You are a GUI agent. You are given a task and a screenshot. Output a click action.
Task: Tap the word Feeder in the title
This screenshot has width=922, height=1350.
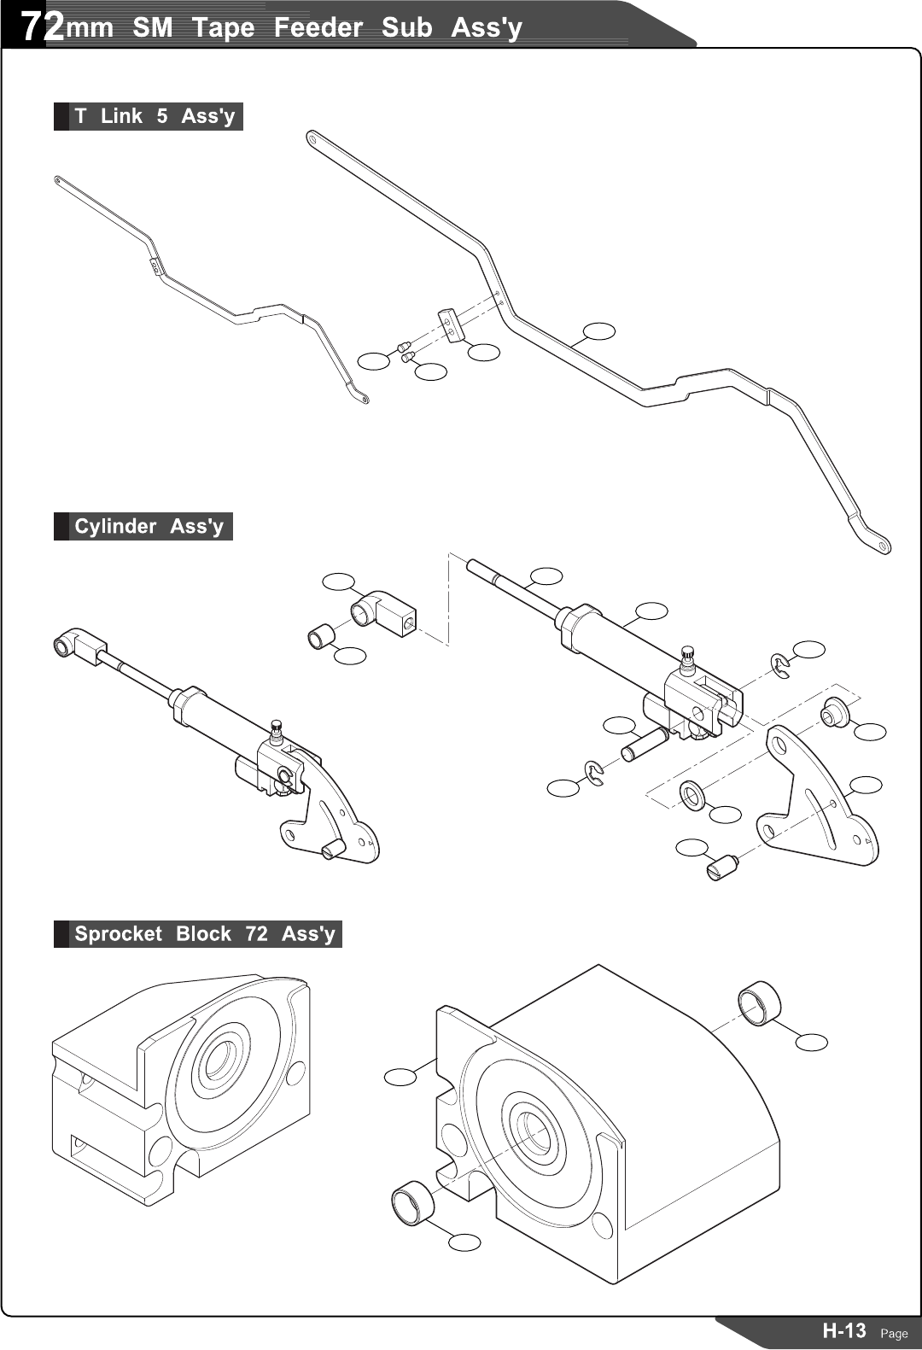coord(318,27)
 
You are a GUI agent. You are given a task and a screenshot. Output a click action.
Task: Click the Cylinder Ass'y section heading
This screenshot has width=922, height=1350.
coord(149,526)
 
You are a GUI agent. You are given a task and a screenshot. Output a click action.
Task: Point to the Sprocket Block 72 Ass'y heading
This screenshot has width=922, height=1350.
coord(204,933)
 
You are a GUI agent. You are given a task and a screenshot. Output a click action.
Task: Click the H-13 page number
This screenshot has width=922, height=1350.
coord(843,1330)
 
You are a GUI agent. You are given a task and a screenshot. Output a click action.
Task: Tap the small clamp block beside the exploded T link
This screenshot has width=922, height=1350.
coord(450,325)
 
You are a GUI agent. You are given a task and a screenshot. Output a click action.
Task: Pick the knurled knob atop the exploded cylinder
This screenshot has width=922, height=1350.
coord(688,656)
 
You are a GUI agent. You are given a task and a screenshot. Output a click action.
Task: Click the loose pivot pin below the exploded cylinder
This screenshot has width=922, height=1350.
coord(643,744)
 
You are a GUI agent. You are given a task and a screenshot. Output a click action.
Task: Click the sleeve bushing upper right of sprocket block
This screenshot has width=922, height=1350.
coord(758,1002)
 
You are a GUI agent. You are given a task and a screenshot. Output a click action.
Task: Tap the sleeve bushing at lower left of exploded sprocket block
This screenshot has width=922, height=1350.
coord(412,1204)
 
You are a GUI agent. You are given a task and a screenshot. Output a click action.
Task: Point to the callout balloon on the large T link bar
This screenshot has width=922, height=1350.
coord(599,330)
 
